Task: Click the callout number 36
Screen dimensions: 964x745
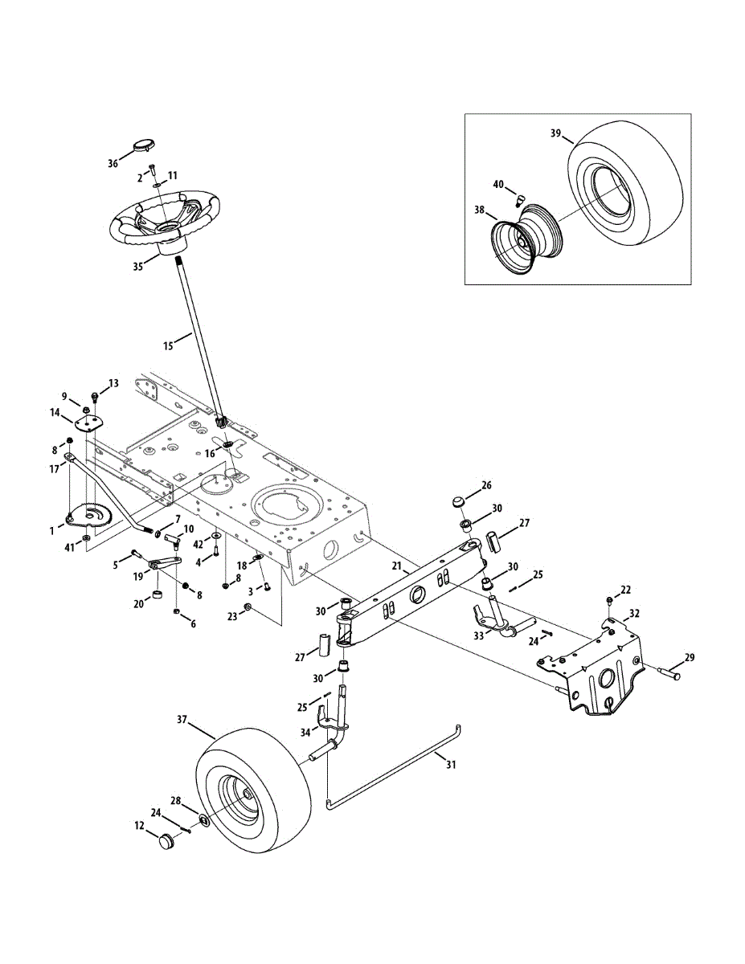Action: (x=113, y=163)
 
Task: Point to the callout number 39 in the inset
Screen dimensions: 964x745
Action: (x=555, y=133)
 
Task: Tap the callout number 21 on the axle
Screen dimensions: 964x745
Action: (x=396, y=566)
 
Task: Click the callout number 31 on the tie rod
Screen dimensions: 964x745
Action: (x=451, y=765)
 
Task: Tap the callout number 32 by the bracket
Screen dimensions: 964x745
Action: (x=634, y=613)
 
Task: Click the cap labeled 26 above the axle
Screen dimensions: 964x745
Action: (x=459, y=503)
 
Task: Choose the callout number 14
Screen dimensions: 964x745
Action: (x=55, y=412)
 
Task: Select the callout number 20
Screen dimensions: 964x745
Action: (x=137, y=604)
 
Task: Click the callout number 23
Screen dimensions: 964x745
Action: (x=233, y=618)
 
